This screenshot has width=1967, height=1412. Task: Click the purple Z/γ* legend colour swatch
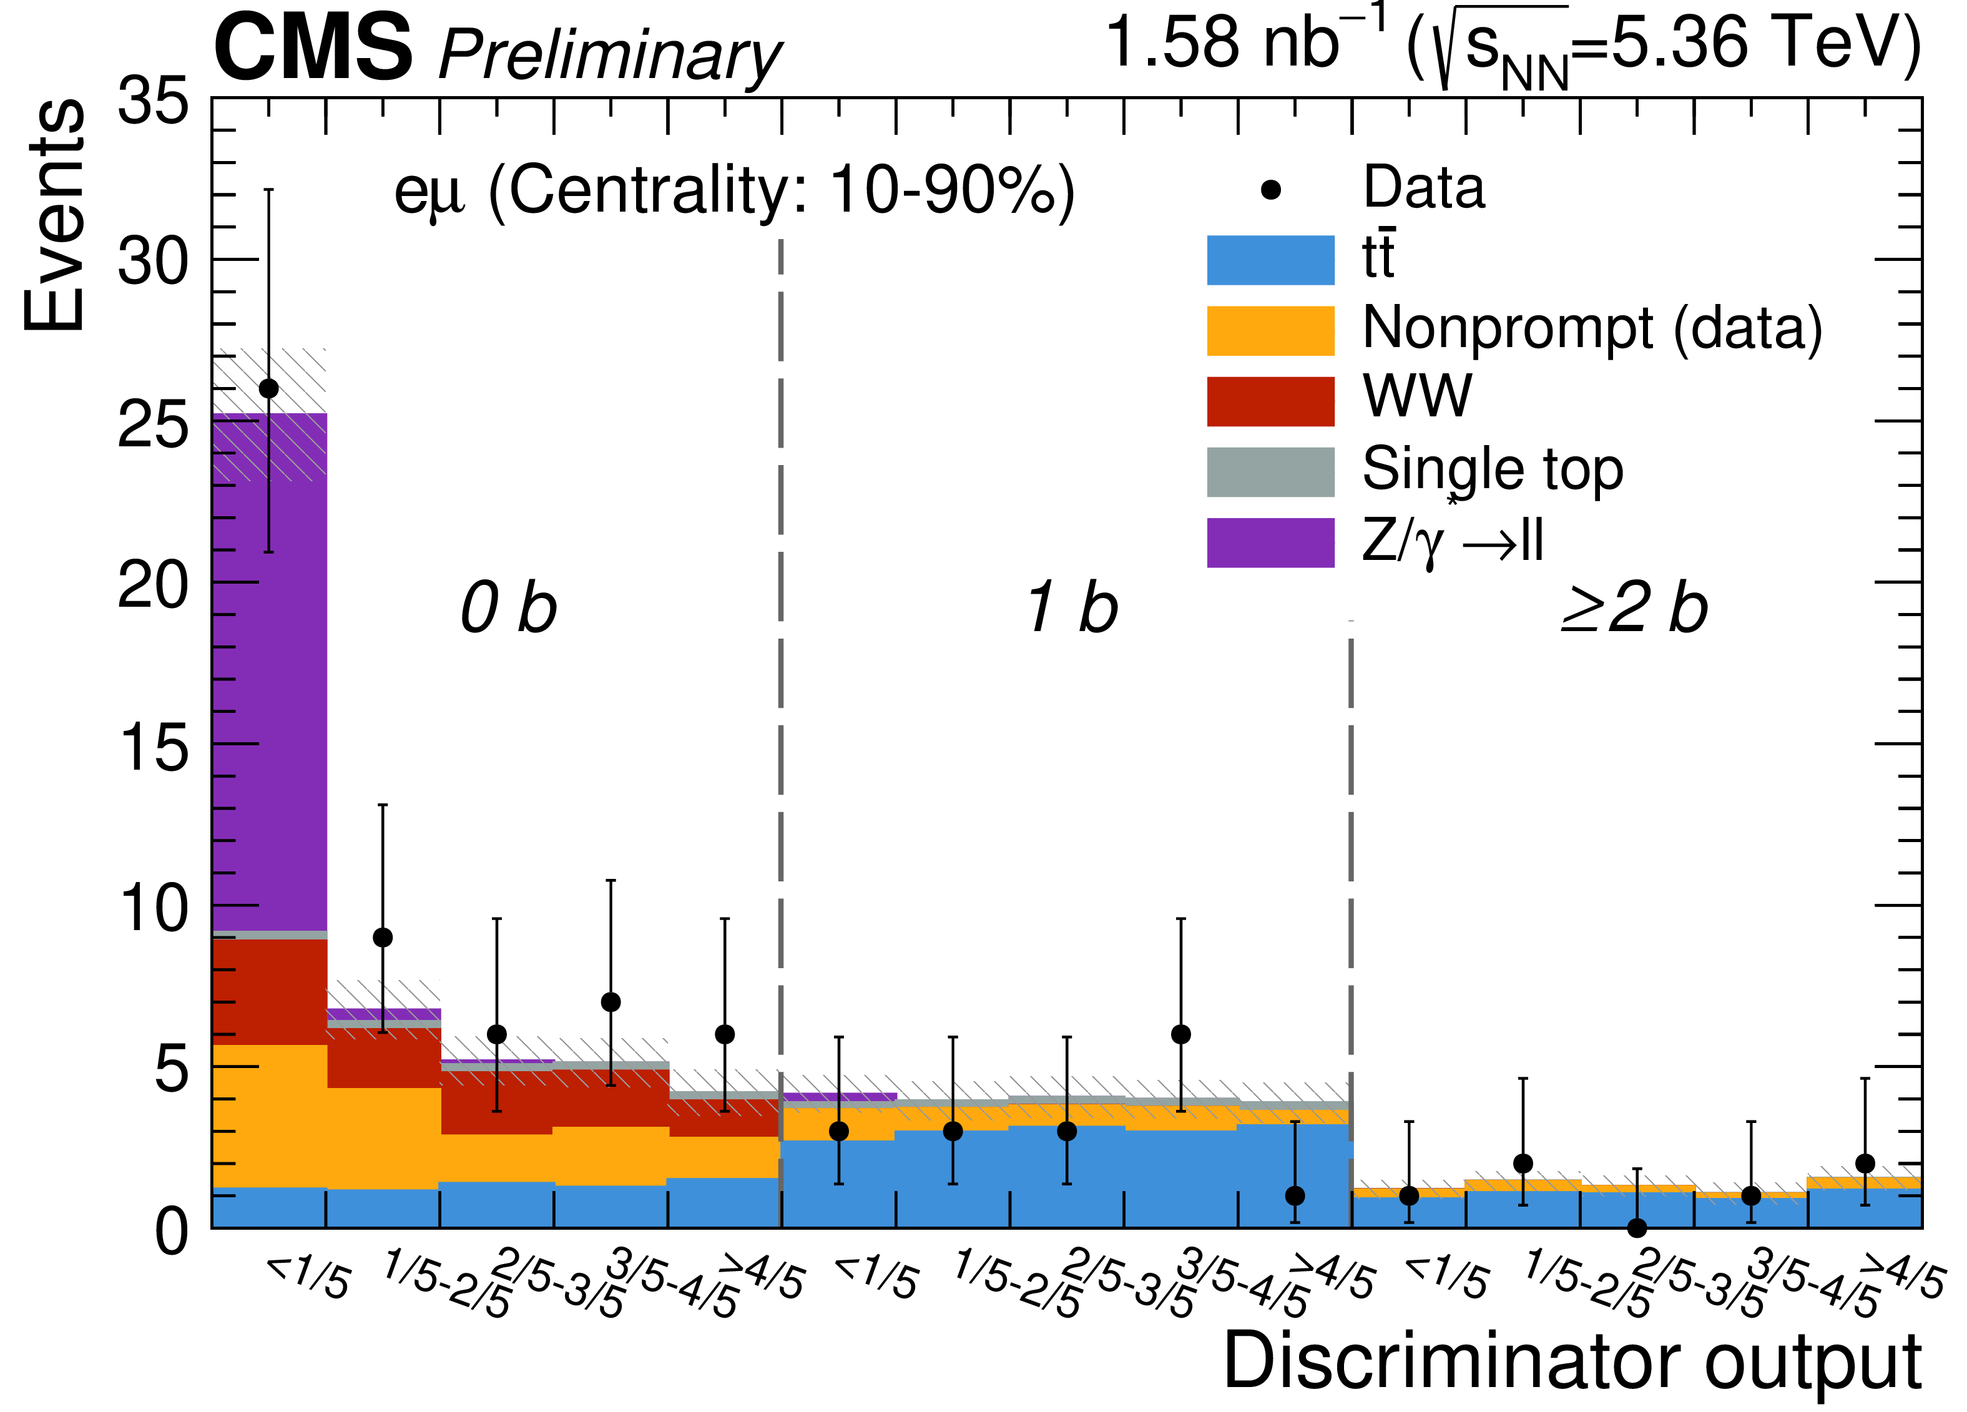(1270, 543)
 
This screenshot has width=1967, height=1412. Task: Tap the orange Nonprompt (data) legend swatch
(1270, 330)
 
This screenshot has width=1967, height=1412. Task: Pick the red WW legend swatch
(1270, 401)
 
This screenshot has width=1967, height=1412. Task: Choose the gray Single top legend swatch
(1270, 472)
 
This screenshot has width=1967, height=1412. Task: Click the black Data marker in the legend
(1270, 190)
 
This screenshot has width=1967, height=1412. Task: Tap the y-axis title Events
(54, 215)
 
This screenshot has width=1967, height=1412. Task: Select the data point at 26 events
(269, 388)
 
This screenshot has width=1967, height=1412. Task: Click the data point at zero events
(1637, 1228)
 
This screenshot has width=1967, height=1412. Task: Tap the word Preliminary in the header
(609, 56)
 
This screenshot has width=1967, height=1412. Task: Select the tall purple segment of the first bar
(269, 677)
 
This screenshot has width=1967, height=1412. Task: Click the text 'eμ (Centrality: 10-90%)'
(733, 191)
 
